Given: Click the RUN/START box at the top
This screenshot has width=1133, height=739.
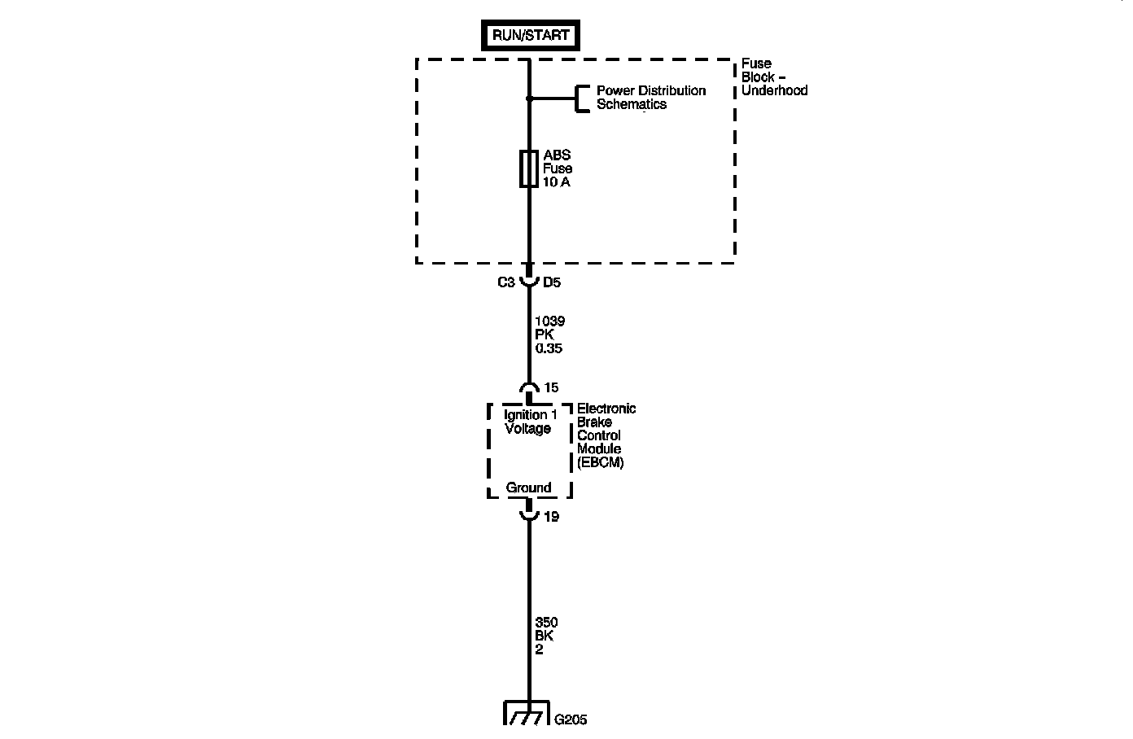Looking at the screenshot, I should click(x=531, y=37).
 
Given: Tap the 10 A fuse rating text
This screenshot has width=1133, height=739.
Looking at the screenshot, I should click(x=556, y=182).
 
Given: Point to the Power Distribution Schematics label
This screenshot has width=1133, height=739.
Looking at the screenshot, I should click(x=650, y=98).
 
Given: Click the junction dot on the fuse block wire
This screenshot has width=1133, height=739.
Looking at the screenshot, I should click(x=529, y=98).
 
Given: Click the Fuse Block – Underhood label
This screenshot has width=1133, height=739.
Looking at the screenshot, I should click(x=773, y=77).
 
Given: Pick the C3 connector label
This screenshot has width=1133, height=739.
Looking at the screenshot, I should click(x=505, y=282).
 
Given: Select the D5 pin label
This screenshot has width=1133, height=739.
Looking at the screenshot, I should click(x=552, y=282).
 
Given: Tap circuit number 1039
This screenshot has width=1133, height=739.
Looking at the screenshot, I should click(x=549, y=321).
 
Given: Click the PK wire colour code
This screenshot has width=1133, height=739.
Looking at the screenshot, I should click(x=544, y=335).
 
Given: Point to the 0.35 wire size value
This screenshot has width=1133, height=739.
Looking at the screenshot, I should click(x=549, y=348).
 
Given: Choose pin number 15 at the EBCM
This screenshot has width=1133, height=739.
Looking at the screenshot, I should click(x=551, y=388).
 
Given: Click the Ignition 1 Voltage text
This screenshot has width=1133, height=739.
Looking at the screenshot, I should click(x=530, y=422).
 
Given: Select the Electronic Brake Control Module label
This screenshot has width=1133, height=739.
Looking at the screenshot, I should click(x=606, y=435).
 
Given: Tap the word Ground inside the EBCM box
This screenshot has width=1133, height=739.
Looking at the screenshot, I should click(x=528, y=488).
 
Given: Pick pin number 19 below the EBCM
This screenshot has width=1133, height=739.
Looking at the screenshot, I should click(x=551, y=516).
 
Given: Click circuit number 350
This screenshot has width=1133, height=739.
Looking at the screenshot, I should click(x=546, y=623).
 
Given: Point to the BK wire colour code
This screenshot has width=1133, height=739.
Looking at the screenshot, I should click(x=544, y=636).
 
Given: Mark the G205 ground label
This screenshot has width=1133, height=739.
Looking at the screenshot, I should click(x=571, y=719).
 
